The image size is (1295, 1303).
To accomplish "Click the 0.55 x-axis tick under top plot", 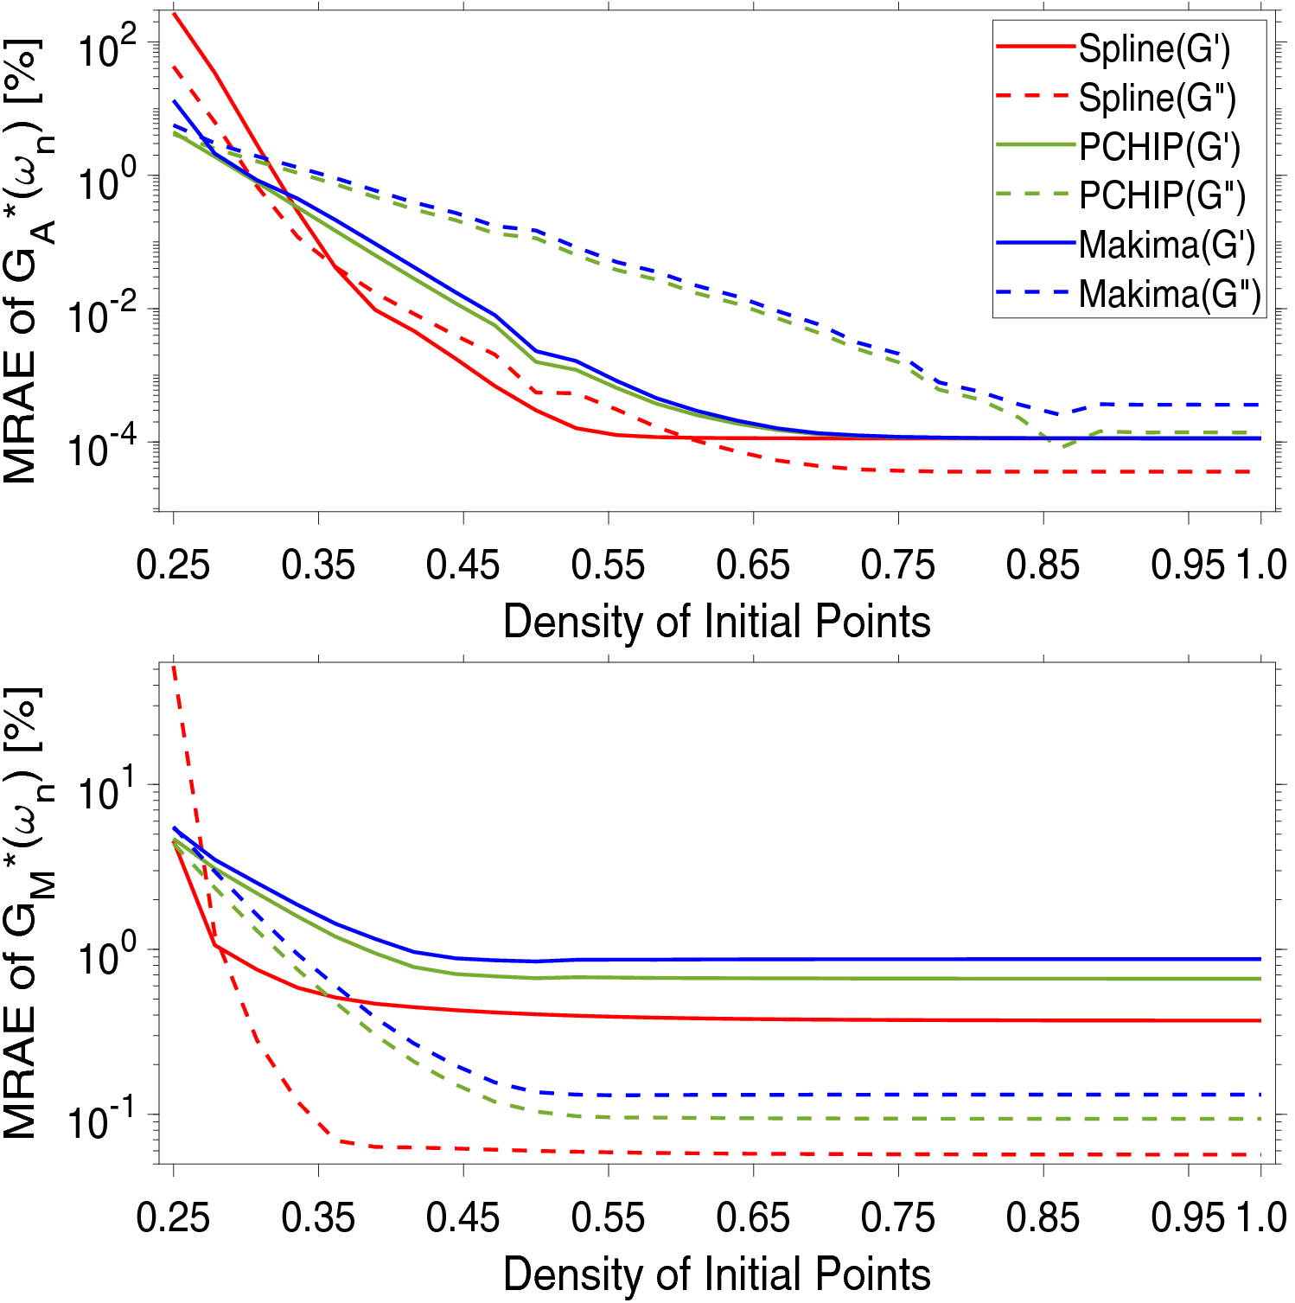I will [608, 565].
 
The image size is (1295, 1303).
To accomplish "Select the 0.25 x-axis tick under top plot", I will [174, 565].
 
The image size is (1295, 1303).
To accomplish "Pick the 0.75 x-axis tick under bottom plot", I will [897, 1218].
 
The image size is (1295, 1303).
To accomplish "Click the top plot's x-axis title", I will [716, 622].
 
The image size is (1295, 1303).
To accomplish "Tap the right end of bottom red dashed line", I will [1260, 1154].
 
